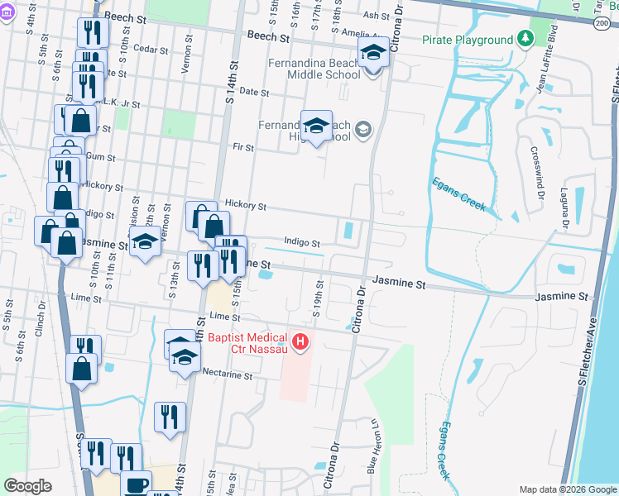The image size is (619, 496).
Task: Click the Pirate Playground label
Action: [468, 40]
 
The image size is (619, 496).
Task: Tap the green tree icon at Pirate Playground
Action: [525, 39]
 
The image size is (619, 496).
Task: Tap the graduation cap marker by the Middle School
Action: [373, 55]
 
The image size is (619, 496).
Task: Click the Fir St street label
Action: [243, 147]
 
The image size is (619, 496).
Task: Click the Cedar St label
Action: [150, 50]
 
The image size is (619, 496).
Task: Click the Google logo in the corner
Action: [27, 486]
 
